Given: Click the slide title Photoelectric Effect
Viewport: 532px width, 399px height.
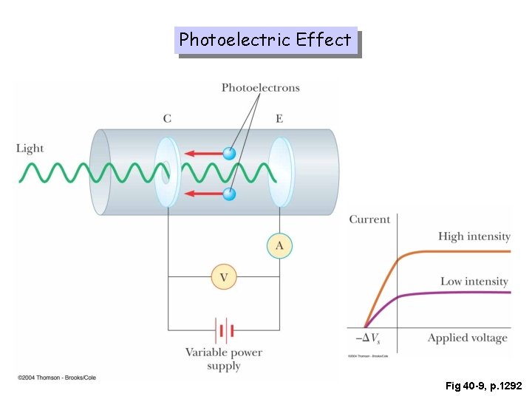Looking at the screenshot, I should pyautogui.click(x=265, y=40).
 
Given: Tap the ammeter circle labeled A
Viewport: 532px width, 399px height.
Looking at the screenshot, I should pyautogui.click(x=279, y=245).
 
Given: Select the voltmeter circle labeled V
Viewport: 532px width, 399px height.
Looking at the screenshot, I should pyautogui.click(x=224, y=277).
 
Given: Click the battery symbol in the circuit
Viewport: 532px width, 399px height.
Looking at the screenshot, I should pyautogui.click(x=224, y=330).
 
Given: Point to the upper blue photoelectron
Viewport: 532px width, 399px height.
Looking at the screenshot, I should pyautogui.click(x=230, y=154).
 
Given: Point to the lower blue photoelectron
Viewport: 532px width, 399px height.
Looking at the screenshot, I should pyautogui.click(x=230, y=194).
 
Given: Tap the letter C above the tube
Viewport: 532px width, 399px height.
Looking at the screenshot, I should pyautogui.click(x=167, y=118).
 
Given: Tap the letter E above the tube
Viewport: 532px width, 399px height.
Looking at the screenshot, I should pyautogui.click(x=279, y=118).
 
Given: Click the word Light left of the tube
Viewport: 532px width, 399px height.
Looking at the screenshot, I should pyautogui.click(x=30, y=149).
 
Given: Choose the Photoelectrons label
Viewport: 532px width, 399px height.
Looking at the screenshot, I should pyautogui.click(x=260, y=88).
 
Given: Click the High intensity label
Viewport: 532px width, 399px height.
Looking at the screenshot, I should pyautogui.click(x=474, y=236).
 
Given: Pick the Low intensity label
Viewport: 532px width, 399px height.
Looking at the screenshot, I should pyautogui.click(x=474, y=282).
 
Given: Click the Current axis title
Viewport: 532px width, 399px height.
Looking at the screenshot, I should pyautogui.click(x=369, y=219).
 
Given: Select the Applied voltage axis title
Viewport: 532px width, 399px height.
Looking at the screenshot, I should pyautogui.click(x=467, y=338).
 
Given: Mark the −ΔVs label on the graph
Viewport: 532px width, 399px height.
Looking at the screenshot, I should pyautogui.click(x=367, y=338).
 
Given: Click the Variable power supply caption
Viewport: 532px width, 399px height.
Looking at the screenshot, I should pyautogui.click(x=223, y=359).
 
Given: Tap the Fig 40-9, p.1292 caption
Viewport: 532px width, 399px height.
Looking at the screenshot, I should pyautogui.click(x=483, y=386).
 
